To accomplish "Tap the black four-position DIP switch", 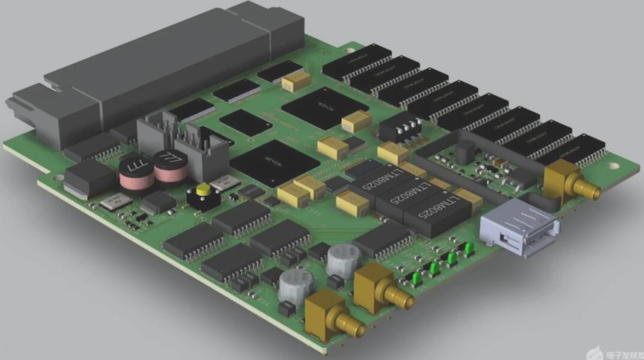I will point(401,127).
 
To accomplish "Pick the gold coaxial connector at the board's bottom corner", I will point(330,317).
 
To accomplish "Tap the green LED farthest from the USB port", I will point(415,278).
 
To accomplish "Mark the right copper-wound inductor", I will point(170,165).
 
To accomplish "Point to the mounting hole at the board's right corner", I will point(613,166).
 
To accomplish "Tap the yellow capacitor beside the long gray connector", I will point(296,81).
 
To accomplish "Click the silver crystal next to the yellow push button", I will point(225,182).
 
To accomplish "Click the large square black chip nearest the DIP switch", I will point(324,108).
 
